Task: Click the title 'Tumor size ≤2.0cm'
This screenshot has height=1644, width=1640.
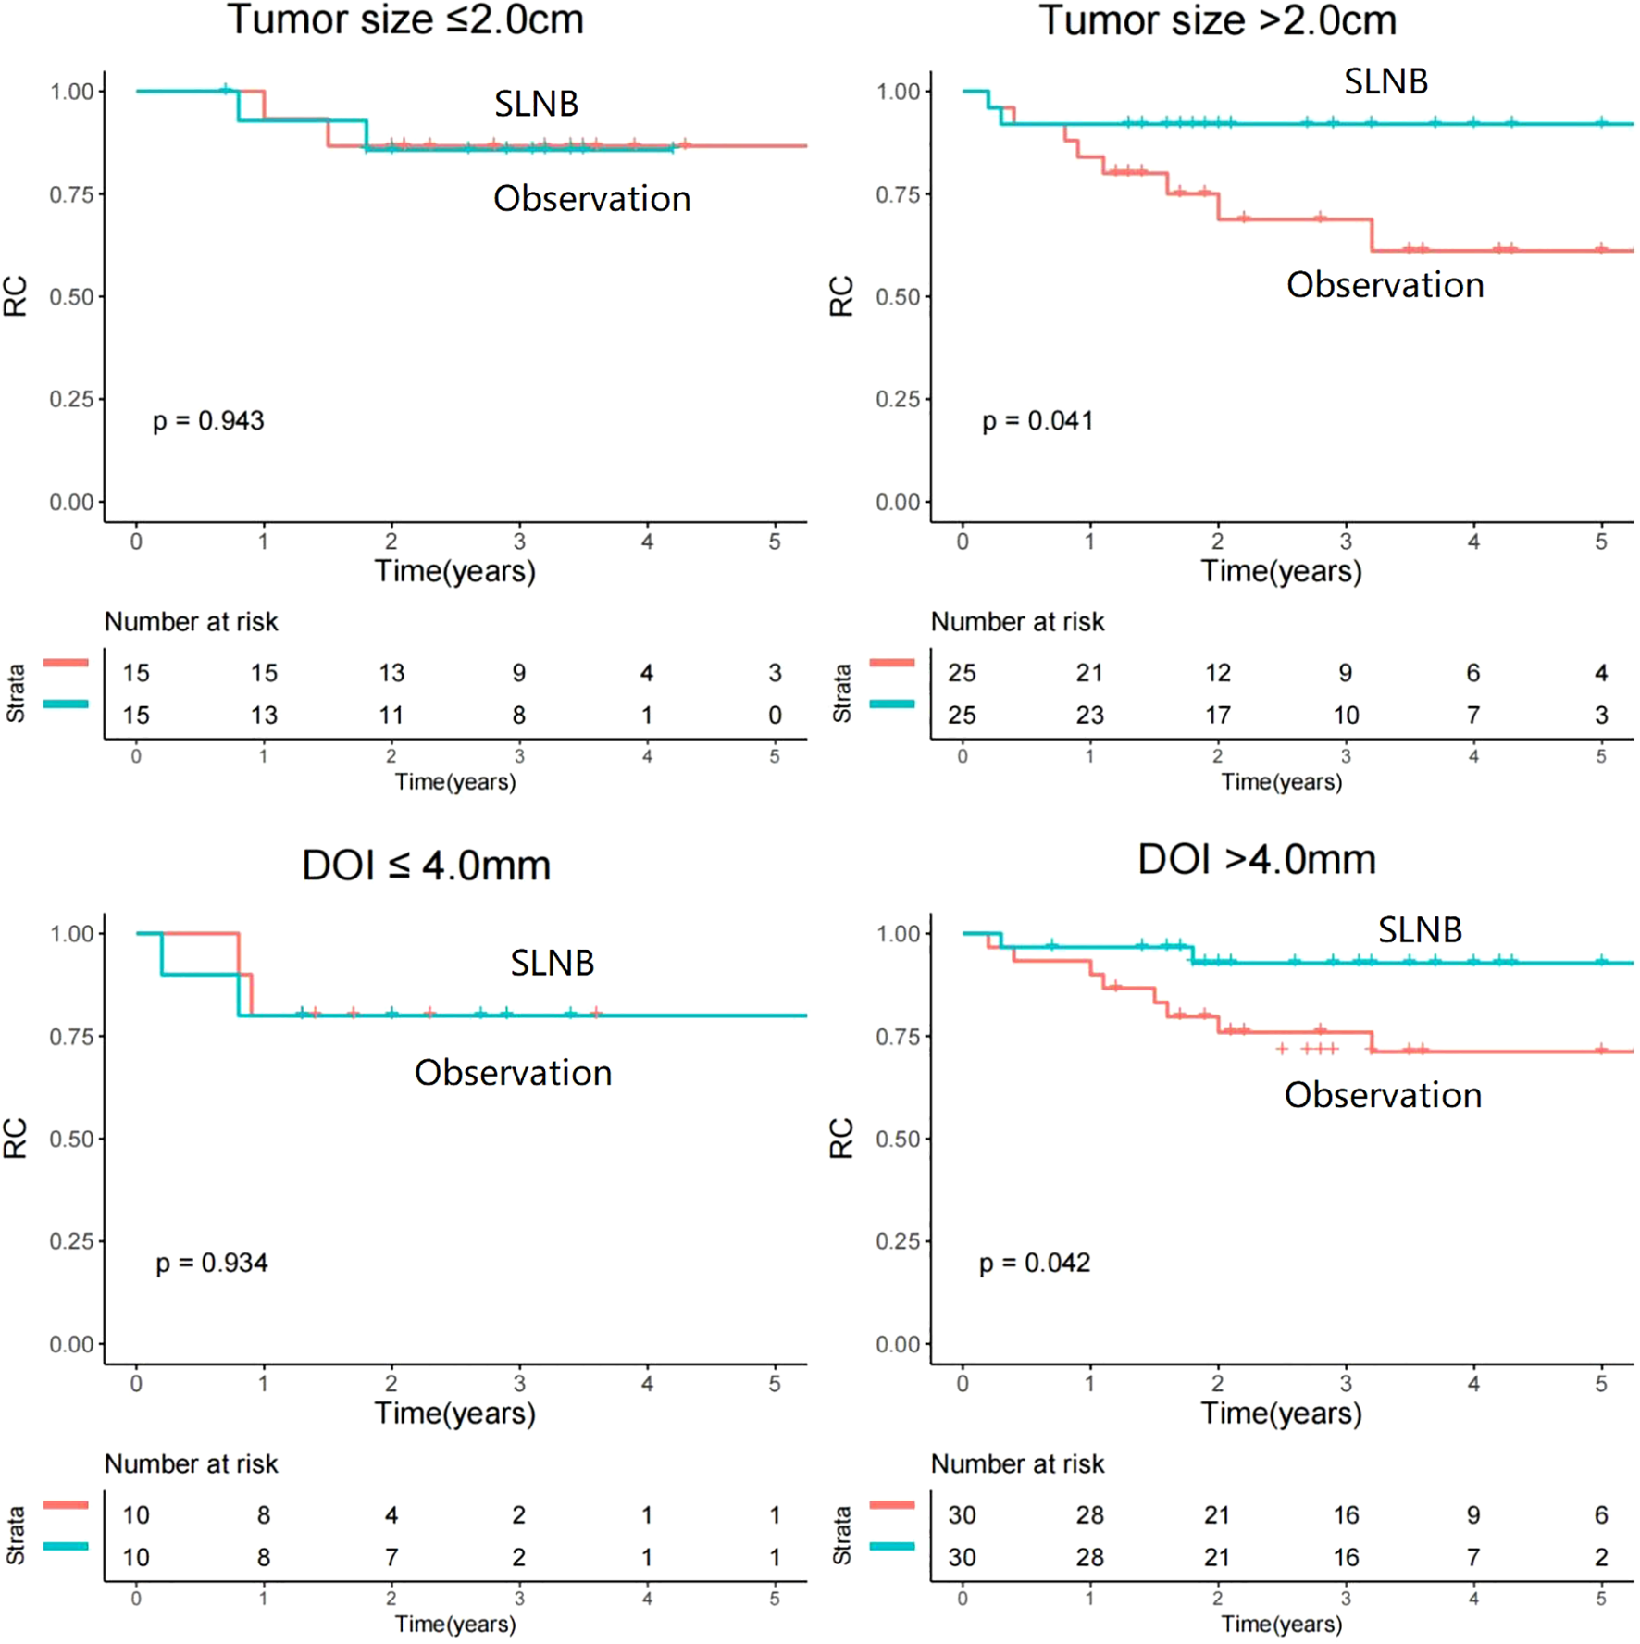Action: [405, 20]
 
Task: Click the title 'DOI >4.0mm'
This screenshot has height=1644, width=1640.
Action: [1256, 860]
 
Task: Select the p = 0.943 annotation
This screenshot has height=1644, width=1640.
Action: [208, 421]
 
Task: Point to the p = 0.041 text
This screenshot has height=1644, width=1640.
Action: [1037, 421]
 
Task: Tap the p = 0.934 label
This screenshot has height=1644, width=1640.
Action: [211, 1263]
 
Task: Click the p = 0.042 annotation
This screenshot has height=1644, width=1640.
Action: [1035, 1263]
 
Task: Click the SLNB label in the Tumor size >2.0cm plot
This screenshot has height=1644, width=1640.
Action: [1385, 82]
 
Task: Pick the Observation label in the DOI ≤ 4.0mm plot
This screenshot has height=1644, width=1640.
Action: [513, 1073]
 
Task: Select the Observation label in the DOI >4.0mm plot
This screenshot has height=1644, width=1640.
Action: [1383, 1095]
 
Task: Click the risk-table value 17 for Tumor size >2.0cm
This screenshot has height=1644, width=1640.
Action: [1217, 715]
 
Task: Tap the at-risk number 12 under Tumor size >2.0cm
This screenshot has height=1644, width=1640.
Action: [1217, 673]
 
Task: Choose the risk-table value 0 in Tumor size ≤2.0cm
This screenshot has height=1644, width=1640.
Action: [775, 715]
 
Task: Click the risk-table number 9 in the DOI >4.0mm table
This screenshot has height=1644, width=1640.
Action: [1472, 1514]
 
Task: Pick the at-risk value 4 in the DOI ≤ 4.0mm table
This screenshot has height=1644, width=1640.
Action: [391, 1514]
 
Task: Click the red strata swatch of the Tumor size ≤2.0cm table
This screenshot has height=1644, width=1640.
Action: [65, 663]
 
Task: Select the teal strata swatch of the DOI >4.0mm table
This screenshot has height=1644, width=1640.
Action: [892, 1546]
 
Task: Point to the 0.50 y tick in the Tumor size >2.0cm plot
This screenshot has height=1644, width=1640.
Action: [897, 297]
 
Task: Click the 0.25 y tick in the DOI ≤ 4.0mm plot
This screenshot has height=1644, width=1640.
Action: [70, 1241]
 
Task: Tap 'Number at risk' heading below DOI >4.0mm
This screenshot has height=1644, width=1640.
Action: [1017, 1463]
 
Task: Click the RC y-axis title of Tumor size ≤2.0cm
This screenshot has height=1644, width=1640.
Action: [16, 296]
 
